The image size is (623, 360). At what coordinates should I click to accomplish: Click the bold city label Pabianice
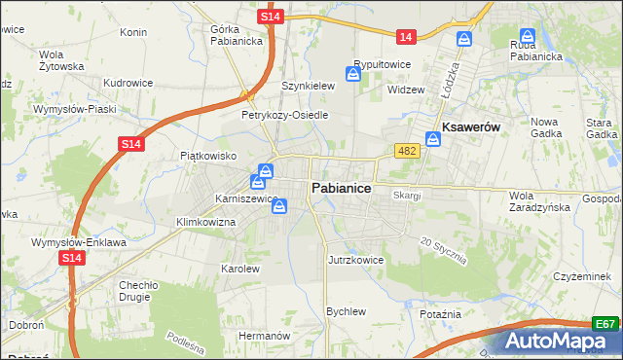coord(340,188)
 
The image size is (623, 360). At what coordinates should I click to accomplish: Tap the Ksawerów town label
coord(471,127)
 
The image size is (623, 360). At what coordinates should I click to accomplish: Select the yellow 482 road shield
coord(407,150)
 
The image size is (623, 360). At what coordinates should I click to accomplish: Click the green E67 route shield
coord(605,324)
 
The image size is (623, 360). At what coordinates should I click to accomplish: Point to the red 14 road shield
coord(406,37)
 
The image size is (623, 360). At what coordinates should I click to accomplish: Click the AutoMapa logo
coord(562,341)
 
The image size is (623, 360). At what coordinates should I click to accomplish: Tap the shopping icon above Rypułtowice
coord(353,73)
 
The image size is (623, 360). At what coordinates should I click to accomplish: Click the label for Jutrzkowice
coord(356,260)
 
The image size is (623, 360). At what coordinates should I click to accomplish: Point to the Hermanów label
coord(265,335)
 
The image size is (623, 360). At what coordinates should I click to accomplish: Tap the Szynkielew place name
coord(308,86)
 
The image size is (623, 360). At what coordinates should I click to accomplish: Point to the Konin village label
coord(132,31)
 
